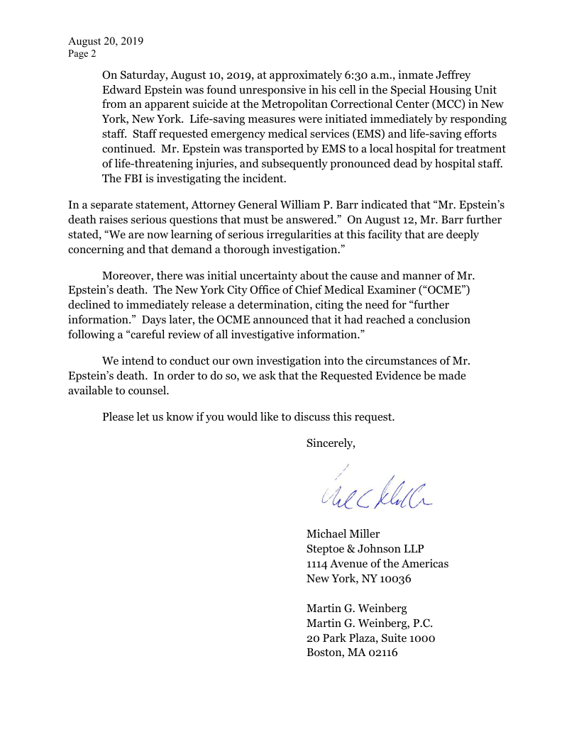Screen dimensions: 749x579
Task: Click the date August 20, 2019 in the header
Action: (106, 41)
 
